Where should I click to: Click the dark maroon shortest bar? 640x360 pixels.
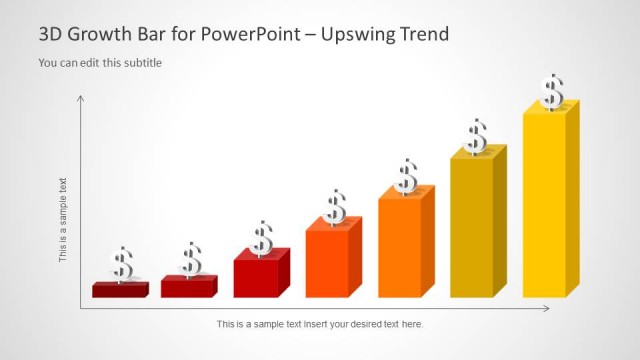click(118, 290)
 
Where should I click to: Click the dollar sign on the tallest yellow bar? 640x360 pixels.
click(552, 92)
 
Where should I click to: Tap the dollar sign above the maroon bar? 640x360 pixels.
click(122, 265)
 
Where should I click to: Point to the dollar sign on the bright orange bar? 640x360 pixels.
click(406, 177)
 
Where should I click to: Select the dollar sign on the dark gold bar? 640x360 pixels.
click(476, 137)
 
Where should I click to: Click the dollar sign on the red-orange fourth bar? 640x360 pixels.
click(335, 207)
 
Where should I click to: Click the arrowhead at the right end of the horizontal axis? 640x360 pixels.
click(546, 308)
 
